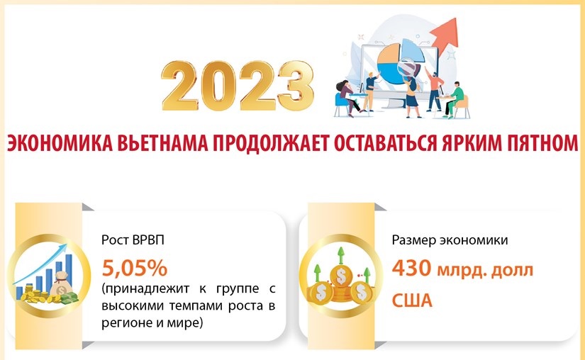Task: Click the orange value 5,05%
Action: point(134,268)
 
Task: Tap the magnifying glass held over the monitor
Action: point(406,68)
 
